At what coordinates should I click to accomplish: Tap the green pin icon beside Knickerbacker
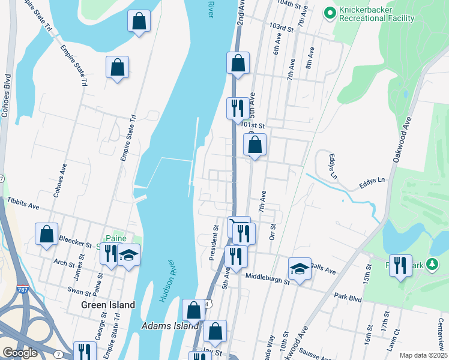point(330,13)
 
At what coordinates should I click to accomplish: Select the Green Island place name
point(108,305)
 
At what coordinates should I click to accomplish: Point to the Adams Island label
point(170,326)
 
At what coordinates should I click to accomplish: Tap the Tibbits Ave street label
point(23,203)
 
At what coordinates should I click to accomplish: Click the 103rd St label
point(281,28)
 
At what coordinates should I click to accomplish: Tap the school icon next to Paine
point(128,256)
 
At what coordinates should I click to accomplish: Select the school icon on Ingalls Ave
point(300,269)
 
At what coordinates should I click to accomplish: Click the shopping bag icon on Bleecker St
point(46,235)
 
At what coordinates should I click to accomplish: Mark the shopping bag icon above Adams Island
point(193,310)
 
